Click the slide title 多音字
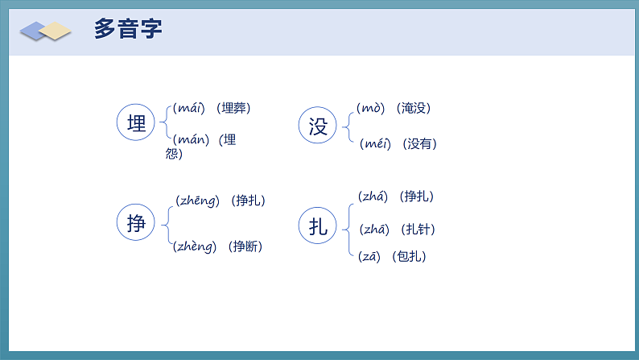pyautogui.click(x=129, y=30)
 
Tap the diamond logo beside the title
pyautogui.click(x=46, y=31)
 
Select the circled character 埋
pyautogui.click(x=137, y=123)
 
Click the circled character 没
pyautogui.click(x=319, y=126)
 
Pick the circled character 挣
pyautogui.click(x=137, y=223)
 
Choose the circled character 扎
pyautogui.click(x=319, y=226)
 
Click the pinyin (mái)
pyautogui.click(x=190, y=108)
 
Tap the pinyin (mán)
pyautogui.click(x=192, y=139)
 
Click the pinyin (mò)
pyautogui.click(x=372, y=108)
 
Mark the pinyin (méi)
pyautogui.click(x=375, y=143)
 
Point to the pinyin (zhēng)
pyautogui.click(x=197, y=201)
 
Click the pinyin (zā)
pyautogui.click(x=370, y=257)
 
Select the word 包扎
pyautogui.click(x=409, y=257)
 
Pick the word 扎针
pyautogui.click(x=418, y=230)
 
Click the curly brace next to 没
pyautogui.click(x=347, y=126)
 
